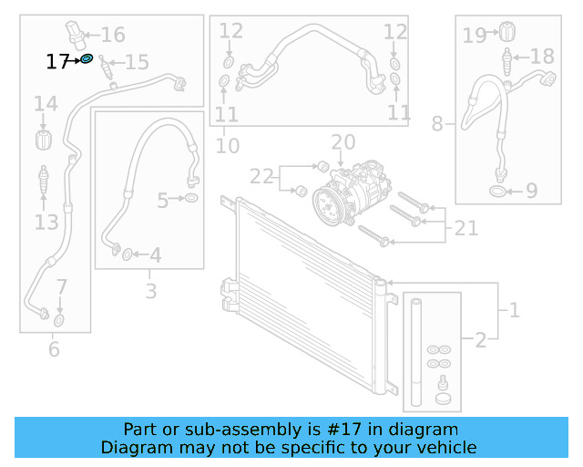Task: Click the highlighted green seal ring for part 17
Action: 87,58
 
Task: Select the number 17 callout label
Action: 57,62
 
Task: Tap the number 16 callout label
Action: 113,36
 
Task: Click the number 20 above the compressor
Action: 343,142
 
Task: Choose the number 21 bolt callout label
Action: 465,228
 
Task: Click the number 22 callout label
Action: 261,176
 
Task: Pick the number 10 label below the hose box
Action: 227,146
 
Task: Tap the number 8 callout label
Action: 437,123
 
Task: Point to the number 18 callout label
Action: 541,57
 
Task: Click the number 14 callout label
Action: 46,107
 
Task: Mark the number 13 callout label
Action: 46,222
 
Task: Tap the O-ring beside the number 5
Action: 191,198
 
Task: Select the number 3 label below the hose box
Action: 151,291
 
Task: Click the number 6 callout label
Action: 53,348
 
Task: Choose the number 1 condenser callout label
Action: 514,311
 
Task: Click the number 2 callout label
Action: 480,341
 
